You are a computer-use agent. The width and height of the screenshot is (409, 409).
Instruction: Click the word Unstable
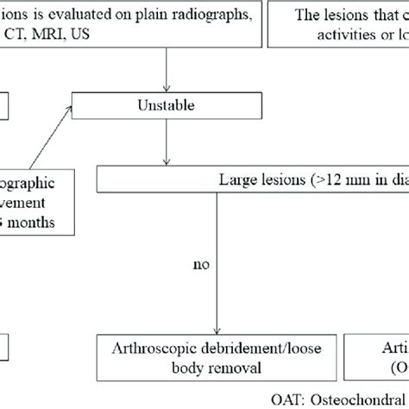[x=163, y=107]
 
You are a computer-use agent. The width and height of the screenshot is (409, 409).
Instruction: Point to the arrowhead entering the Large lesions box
[x=164, y=162]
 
